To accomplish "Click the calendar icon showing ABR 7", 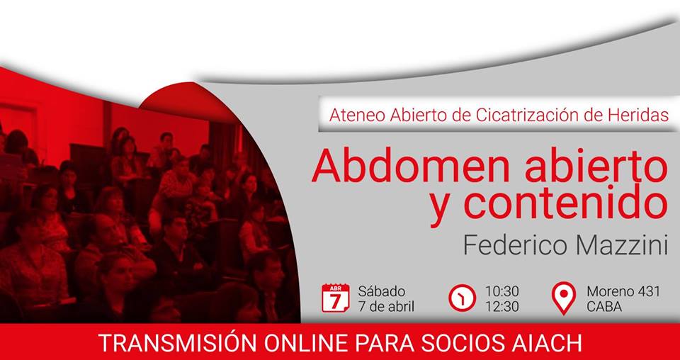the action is point(335,298).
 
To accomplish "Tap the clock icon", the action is point(463,298).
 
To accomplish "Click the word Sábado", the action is point(382,291).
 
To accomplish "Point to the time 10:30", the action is point(501,291).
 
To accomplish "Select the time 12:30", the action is point(501,307).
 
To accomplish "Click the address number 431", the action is point(647,291).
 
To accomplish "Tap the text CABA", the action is point(604,307).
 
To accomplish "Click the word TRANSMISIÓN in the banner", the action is point(177,343).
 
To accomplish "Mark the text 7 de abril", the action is point(386,307).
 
